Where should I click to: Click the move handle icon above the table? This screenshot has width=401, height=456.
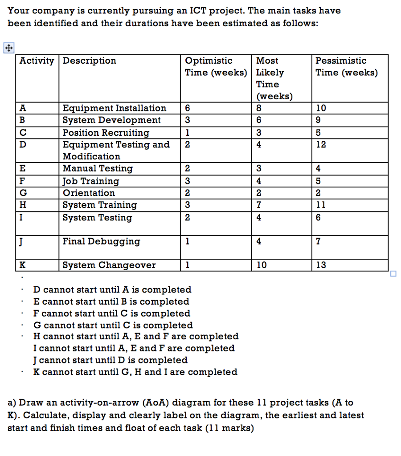tap(8, 48)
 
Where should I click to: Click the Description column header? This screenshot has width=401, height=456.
tap(89, 61)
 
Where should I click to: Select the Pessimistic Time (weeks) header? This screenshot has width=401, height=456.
tap(346, 67)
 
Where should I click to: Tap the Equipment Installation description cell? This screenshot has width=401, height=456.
tap(114, 108)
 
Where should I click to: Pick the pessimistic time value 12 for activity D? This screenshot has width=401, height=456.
tap(320, 145)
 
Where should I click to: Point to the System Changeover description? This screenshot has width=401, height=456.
tap(109, 265)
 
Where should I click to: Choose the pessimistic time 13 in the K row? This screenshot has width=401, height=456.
tap(320, 265)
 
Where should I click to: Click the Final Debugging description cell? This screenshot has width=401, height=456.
tap(101, 241)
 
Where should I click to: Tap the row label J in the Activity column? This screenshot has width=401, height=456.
tap(21, 241)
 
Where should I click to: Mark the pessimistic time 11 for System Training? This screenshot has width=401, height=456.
tap(320, 205)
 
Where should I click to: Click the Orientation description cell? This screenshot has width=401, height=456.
tap(89, 193)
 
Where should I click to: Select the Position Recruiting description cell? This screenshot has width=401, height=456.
tap(106, 133)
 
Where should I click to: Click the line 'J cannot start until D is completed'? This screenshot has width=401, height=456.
tap(110, 360)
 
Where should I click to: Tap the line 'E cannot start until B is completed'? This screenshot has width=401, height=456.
tap(111, 302)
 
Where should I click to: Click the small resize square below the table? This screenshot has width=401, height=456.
tap(393, 274)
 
